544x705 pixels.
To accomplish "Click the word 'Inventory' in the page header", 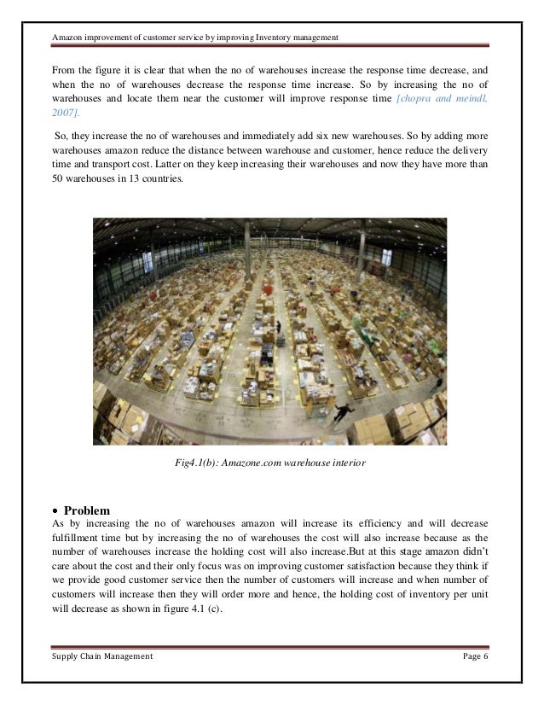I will pos(265,37).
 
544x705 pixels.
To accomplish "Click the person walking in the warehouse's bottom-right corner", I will pos(341,411).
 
